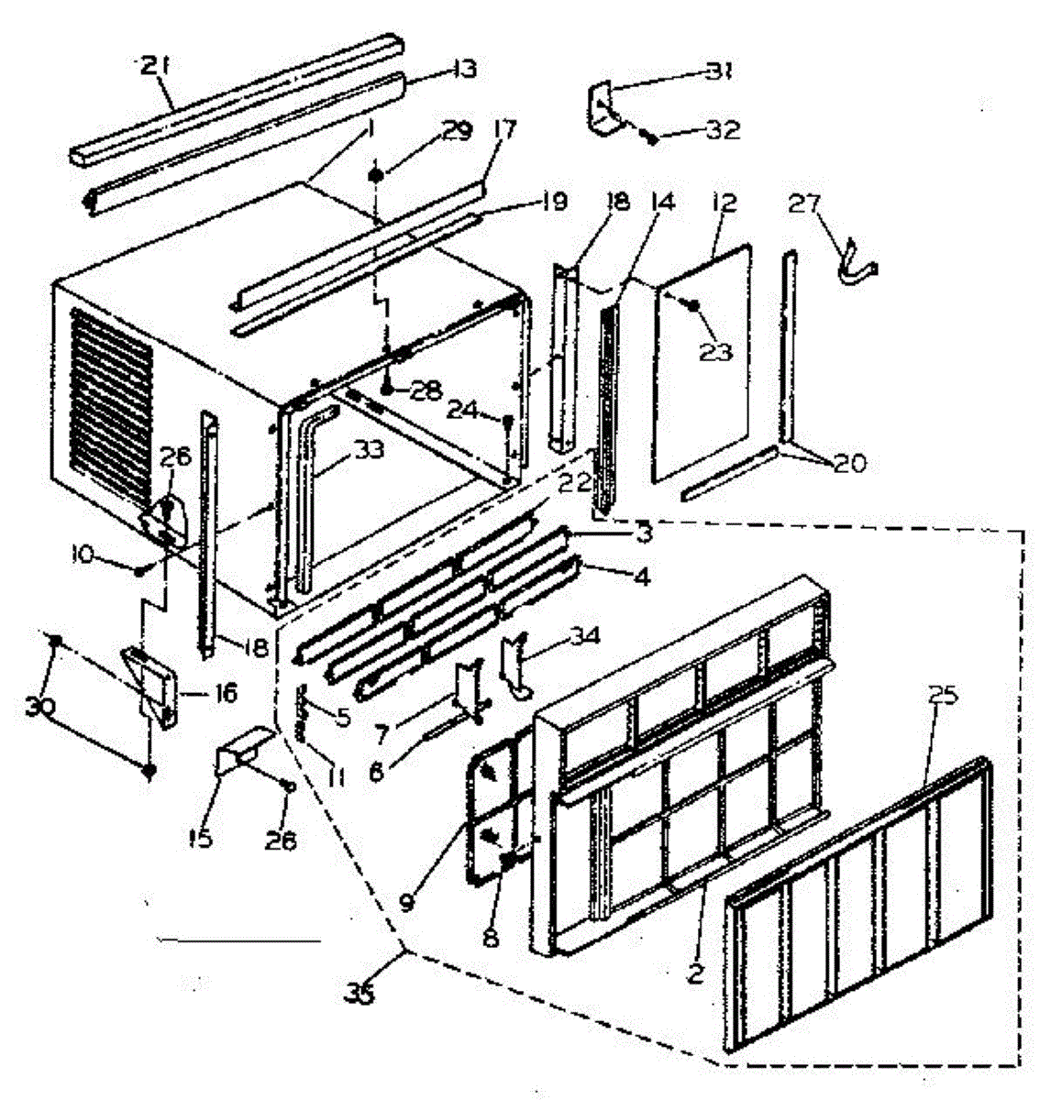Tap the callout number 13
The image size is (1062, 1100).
tap(465, 68)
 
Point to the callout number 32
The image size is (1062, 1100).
tap(722, 130)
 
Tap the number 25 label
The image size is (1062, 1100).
tap(943, 695)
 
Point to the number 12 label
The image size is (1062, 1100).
tap(724, 203)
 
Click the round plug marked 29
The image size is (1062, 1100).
tap(376, 174)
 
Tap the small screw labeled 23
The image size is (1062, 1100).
tap(694, 305)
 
